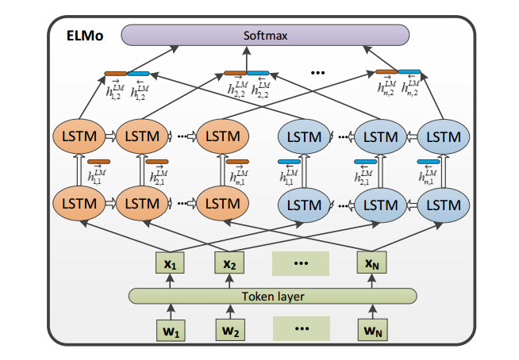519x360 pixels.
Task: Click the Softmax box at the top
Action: [x=265, y=35]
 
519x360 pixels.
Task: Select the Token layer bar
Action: [x=273, y=297]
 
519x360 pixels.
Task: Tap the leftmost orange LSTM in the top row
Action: [x=78, y=136]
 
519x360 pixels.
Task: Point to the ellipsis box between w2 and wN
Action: [x=301, y=329]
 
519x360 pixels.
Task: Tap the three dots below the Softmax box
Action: [x=318, y=72]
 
